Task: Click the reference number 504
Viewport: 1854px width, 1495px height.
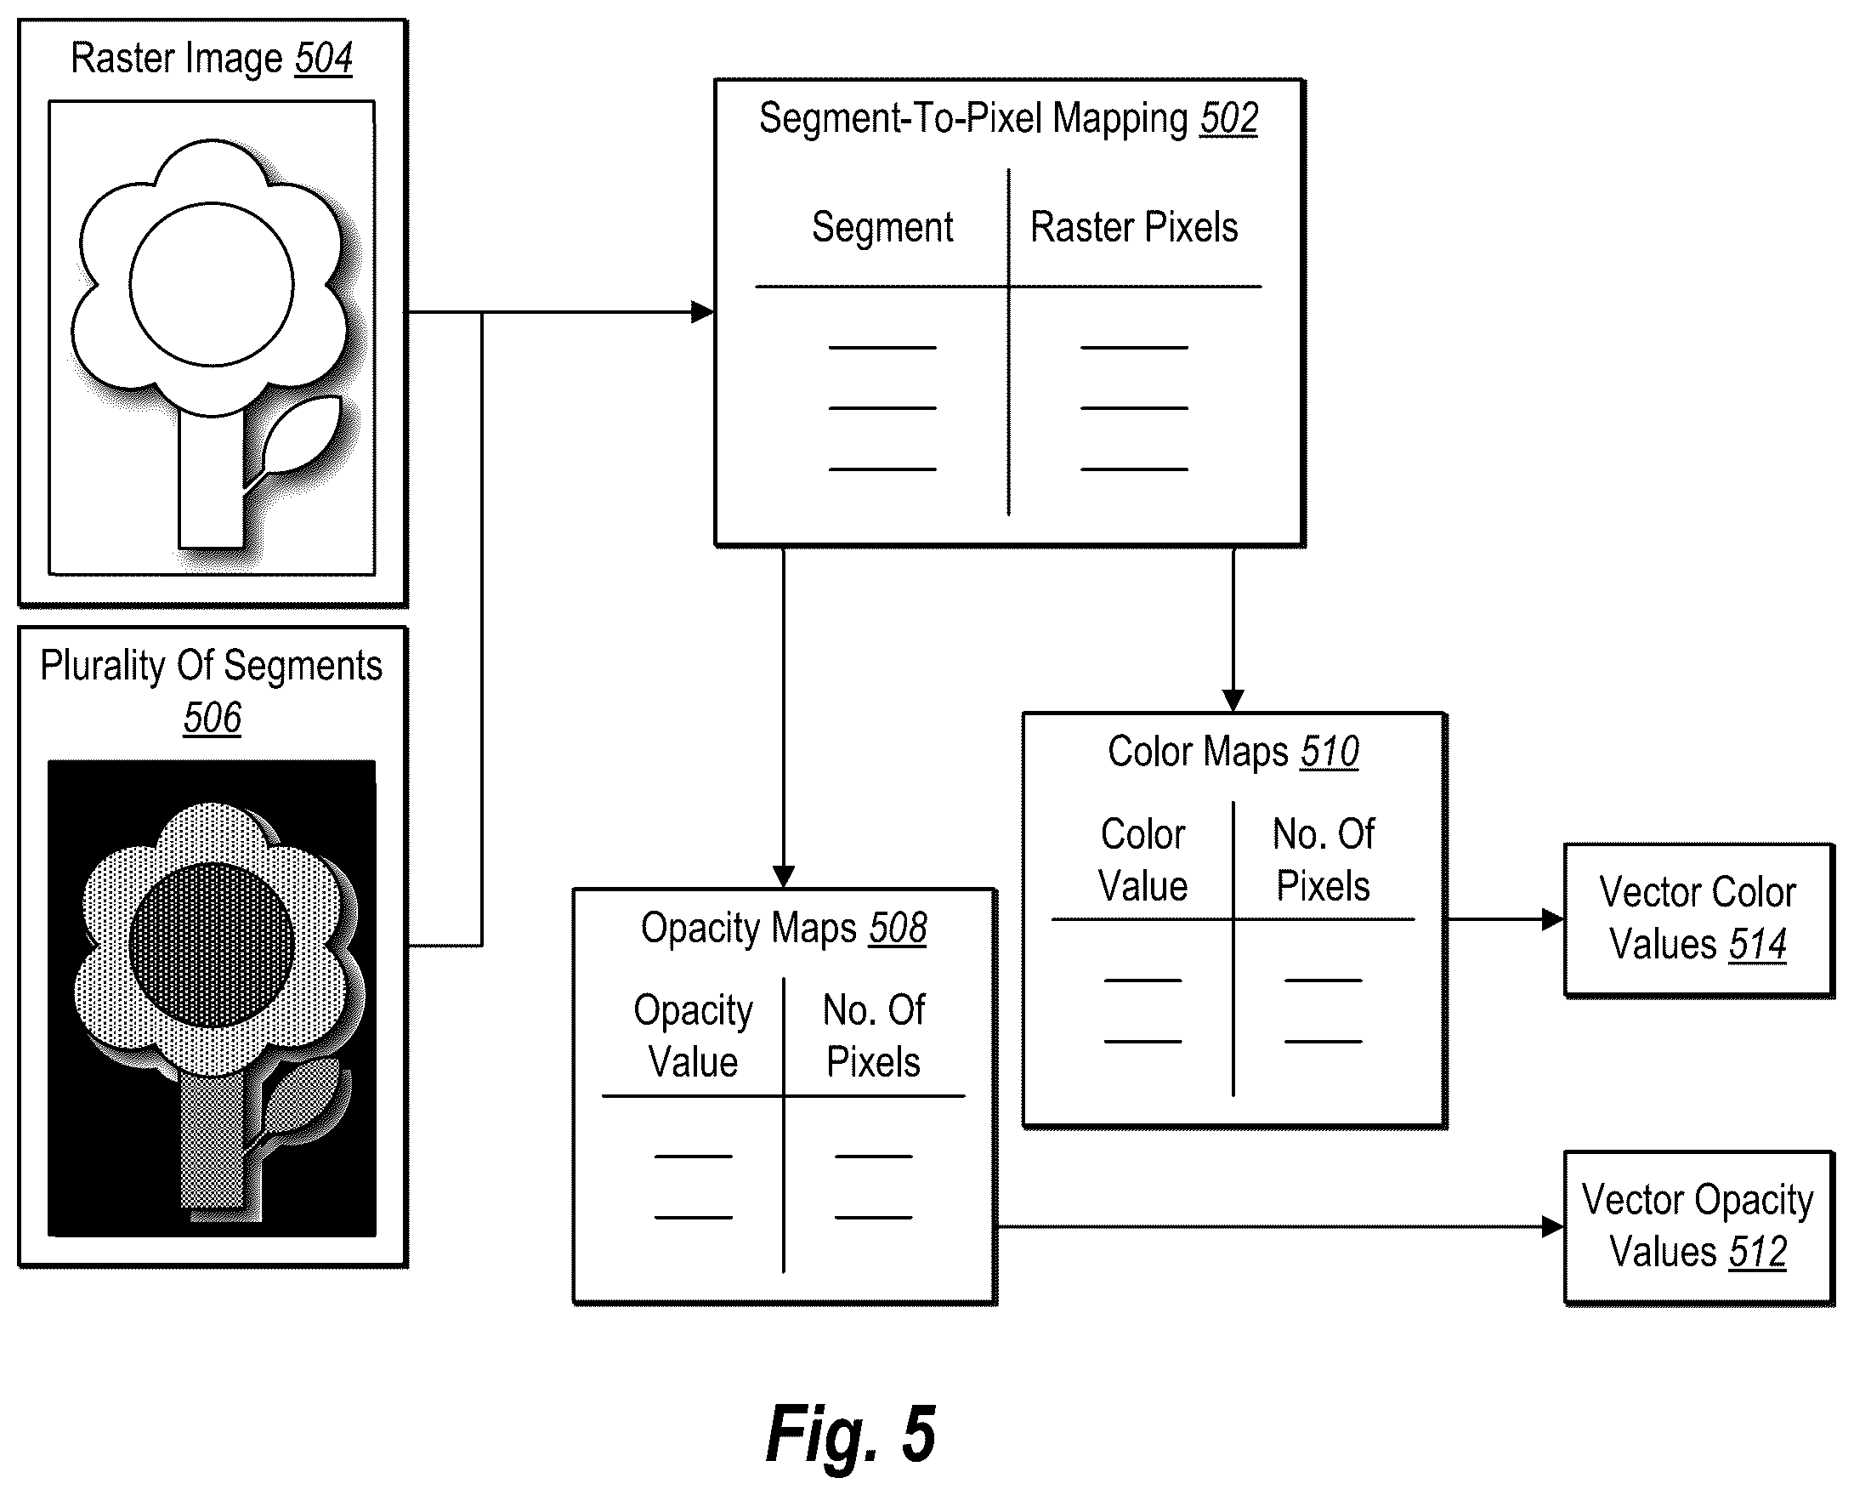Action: pos(324,59)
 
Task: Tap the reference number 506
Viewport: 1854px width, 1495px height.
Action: pos(213,718)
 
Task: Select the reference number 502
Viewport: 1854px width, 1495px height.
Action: pos(1229,119)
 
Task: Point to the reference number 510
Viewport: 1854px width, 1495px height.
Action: pos(1330,752)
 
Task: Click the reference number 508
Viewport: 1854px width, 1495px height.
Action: pos(898,929)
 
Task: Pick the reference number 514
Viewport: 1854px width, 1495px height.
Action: pos(1758,945)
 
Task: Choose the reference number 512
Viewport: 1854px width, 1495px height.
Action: pos(1758,1252)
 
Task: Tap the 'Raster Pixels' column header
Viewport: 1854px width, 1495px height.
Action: pos(1135,227)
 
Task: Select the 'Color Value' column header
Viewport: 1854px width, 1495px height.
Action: pos(1143,861)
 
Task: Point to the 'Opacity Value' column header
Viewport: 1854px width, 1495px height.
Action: pos(694,1036)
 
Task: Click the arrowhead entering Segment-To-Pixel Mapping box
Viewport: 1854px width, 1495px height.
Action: pos(703,312)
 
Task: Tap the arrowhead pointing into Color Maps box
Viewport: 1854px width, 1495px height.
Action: pos(1233,700)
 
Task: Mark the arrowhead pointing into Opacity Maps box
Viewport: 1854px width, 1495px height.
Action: pos(783,876)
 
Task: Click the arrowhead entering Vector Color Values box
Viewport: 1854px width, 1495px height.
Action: pos(1553,920)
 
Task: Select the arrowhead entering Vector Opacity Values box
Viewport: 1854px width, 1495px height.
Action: pos(1553,1227)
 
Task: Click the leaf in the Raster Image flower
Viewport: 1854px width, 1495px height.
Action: pos(301,435)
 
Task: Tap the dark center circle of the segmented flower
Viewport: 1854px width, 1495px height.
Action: pos(212,945)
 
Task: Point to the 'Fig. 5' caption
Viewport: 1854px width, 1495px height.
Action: pos(850,1434)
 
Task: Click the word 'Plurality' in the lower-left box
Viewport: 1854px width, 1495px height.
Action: pos(104,667)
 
